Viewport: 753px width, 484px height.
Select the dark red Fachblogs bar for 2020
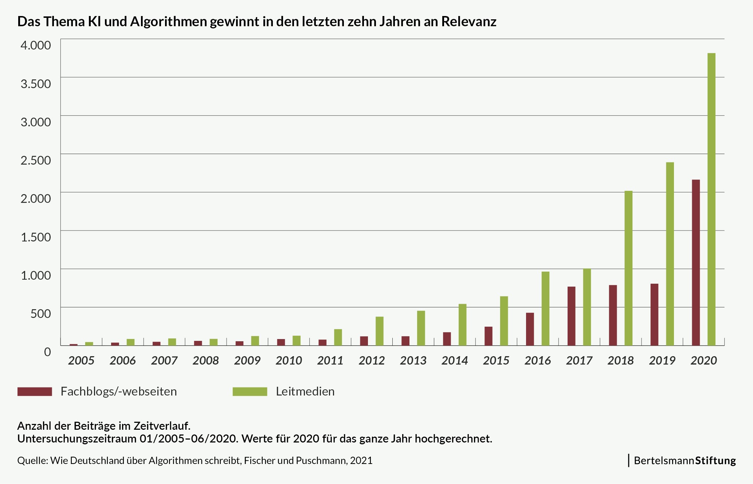click(x=696, y=263)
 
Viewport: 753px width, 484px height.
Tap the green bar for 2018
click(x=628, y=268)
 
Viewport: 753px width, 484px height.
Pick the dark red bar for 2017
click(x=571, y=316)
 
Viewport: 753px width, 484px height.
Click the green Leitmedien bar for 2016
click(x=545, y=308)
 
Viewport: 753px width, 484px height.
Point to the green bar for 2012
click(x=380, y=331)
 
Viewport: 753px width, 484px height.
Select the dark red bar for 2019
click(x=654, y=314)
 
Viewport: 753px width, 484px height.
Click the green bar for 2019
click(x=670, y=254)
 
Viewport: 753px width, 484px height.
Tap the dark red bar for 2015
click(x=489, y=336)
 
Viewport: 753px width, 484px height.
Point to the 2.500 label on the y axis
click(x=36, y=160)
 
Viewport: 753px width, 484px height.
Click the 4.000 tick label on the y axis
click(x=36, y=45)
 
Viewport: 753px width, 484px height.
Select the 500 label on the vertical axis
click(x=40, y=314)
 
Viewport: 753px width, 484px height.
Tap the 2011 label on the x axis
click(x=330, y=361)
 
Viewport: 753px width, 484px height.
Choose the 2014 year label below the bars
click(x=455, y=361)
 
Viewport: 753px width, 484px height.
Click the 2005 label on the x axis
click(x=81, y=361)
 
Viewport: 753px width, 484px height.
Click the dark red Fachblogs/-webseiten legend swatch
click(x=35, y=391)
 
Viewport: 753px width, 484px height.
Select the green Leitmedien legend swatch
click(x=250, y=391)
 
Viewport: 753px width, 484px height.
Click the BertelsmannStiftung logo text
click(x=685, y=461)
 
